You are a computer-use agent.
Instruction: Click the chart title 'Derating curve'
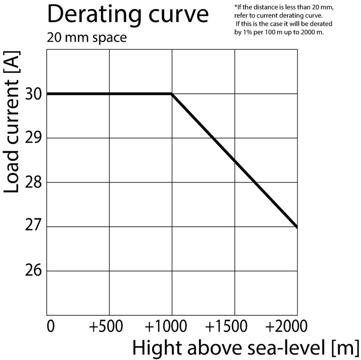point(128,14)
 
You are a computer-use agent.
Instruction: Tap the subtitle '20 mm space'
point(87,37)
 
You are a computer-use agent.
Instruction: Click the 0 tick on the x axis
point(51,326)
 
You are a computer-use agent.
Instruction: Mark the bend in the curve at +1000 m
point(171,94)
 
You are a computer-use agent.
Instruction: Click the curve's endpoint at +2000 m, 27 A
point(296,227)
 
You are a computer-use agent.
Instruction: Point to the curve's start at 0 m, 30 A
point(47,94)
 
